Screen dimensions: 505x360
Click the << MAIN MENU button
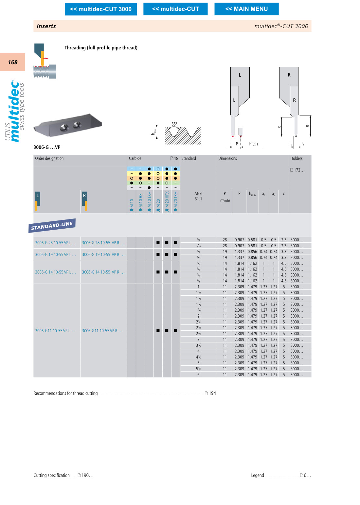(246, 9)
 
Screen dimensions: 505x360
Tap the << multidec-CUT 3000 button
(101, 9)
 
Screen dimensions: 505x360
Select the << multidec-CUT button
(175, 9)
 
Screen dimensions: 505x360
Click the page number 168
(13, 62)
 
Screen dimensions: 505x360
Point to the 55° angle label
(174, 124)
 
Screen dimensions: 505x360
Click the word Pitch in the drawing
(253, 144)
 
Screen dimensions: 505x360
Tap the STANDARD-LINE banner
(52, 225)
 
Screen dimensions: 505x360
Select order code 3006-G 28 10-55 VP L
(55, 243)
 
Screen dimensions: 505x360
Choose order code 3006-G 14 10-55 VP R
(103, 272)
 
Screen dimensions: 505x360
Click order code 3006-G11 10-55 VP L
(55, 331)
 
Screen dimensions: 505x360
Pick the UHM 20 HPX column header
(167, 202)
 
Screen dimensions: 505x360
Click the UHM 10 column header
(132, 205)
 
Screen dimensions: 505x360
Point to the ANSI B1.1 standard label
(198, 196)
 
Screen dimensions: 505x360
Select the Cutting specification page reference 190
(85, 475)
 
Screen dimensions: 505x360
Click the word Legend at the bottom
(257, 475)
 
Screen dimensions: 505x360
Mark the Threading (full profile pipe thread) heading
(101, 48)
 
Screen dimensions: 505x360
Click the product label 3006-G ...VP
(47, 147)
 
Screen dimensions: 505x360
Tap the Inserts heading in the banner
(46, 26)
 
